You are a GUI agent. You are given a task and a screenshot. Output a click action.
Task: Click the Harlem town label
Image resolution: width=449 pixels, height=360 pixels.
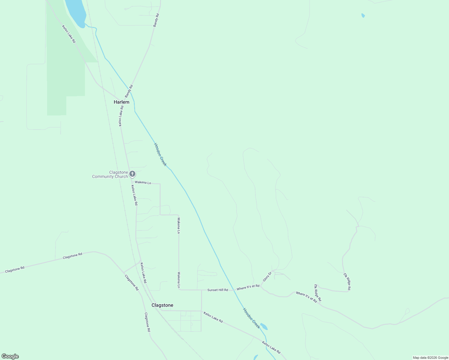[121, 102]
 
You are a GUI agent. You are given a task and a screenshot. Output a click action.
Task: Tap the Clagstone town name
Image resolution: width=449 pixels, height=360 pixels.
[162, 305]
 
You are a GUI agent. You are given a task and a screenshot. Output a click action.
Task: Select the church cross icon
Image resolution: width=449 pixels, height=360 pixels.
[132, 174]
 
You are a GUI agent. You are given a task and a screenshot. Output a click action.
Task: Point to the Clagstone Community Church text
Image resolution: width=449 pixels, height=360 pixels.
[110, 174]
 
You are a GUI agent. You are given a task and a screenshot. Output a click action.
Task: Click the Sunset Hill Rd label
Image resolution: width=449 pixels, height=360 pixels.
[218, 290]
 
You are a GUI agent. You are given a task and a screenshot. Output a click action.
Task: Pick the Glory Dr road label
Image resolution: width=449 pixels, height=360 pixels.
[267, 276]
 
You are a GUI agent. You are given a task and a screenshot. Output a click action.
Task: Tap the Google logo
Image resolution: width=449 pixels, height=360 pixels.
[10, 356]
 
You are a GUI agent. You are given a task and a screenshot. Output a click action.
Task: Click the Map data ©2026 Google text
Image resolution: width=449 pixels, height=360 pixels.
[430, 358]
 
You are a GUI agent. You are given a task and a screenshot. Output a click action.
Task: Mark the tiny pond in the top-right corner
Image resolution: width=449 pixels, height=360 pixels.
[363, 15]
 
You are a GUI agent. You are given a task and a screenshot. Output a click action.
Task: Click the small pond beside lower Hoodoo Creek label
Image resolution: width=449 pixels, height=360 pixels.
[264, 326]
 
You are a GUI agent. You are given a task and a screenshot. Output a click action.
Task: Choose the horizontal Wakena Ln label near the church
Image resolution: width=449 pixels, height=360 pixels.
[143, 182]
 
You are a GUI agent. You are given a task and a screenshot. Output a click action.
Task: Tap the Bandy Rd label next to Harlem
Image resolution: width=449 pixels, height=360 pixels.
[129, 91]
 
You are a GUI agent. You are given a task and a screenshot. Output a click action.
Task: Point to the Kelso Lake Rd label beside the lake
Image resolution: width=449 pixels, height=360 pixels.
[69, 34]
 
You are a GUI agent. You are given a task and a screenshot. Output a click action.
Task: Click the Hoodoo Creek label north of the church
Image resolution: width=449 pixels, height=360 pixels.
[160, 154]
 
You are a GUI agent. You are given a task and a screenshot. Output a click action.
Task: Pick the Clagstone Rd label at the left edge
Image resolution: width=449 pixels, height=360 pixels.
[14, 269]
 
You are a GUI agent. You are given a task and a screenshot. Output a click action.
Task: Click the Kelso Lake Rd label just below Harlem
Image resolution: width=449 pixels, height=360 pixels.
[121, 115]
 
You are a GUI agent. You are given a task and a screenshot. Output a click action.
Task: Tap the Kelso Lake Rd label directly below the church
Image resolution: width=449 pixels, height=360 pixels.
[134, 195]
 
